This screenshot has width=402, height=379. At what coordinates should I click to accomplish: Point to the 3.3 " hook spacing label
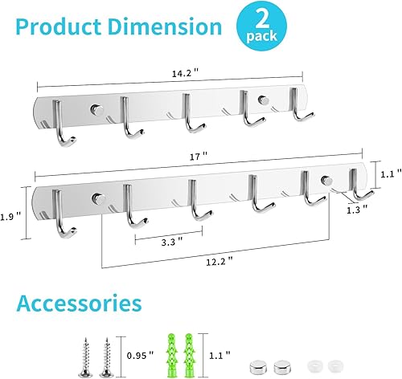coord(167,238)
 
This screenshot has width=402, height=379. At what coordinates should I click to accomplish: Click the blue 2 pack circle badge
coord(259,25)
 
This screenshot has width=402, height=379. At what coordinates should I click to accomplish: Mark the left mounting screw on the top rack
coord(96,108)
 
